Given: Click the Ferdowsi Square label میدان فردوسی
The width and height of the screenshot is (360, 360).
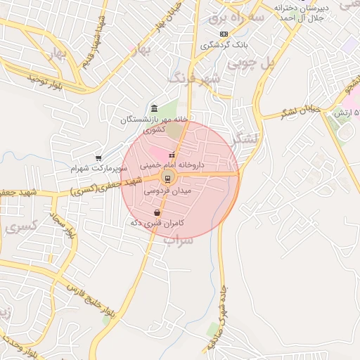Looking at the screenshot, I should (x=167, y=191).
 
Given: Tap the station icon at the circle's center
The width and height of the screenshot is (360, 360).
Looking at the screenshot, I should (x=167, y=177).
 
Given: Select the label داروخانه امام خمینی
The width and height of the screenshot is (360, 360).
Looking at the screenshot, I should (x=172, y=165).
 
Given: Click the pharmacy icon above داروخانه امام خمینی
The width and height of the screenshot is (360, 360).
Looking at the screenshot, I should (x=172, y=155).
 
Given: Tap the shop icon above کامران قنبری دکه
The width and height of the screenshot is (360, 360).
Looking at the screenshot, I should (x=157, y=212).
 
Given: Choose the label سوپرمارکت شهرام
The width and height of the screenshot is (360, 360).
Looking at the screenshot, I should (x=98, y=169).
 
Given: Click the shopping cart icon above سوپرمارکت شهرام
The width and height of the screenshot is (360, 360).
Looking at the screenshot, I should (x=98, y=159).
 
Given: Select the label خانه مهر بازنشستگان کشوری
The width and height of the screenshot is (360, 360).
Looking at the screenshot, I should (x=155, y=124).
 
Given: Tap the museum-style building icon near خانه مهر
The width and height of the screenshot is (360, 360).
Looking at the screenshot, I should (x=155, y=108).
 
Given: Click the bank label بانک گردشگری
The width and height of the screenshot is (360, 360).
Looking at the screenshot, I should (x=223, y=44).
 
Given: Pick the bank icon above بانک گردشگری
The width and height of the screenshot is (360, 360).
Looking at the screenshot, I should (x=224, y=34).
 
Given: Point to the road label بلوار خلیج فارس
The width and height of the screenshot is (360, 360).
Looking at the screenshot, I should (x=89, y=302).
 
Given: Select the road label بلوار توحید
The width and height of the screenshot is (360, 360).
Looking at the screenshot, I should (x=46, y=82).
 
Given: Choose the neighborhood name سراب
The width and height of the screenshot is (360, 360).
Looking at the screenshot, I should (x=178, y=240).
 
